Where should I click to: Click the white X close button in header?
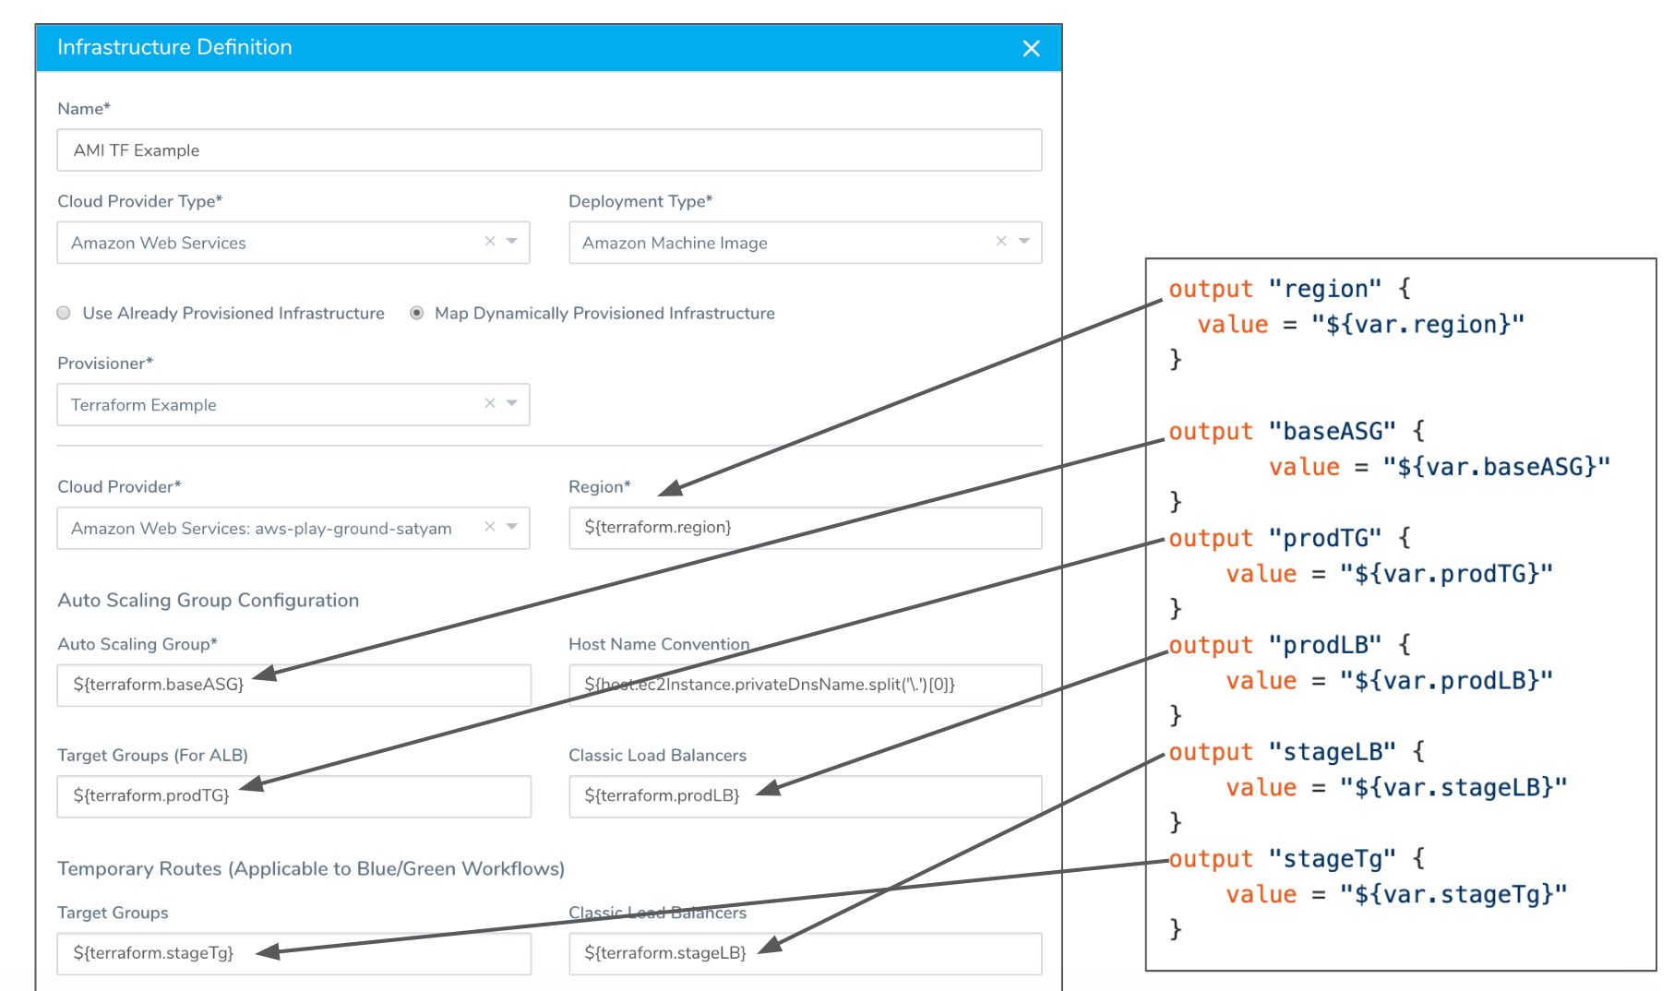[1031, 48]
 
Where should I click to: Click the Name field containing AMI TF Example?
[549, 149]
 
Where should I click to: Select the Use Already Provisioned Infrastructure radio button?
[64, 313]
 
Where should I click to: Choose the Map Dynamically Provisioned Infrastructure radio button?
[417, 313]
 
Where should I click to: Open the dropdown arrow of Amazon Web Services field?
[512, 242]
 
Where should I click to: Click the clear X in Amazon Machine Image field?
[1001, 242]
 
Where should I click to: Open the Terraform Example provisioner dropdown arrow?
[512, 403]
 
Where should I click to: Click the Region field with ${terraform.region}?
[805, 528]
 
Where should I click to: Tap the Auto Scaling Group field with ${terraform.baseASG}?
[293, 685]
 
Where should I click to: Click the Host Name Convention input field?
[805, 685]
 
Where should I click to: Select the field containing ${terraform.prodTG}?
[293, 795]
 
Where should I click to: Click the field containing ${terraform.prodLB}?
[805, 795]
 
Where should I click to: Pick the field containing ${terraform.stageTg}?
[293, 953]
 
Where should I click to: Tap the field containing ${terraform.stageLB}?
[805, 953]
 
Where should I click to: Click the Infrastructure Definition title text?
[174, 47]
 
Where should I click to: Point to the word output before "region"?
[1211, 289]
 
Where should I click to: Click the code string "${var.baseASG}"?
[1496, 467]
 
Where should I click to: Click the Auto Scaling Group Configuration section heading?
[209, 601]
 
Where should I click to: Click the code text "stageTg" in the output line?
[1332, 859]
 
